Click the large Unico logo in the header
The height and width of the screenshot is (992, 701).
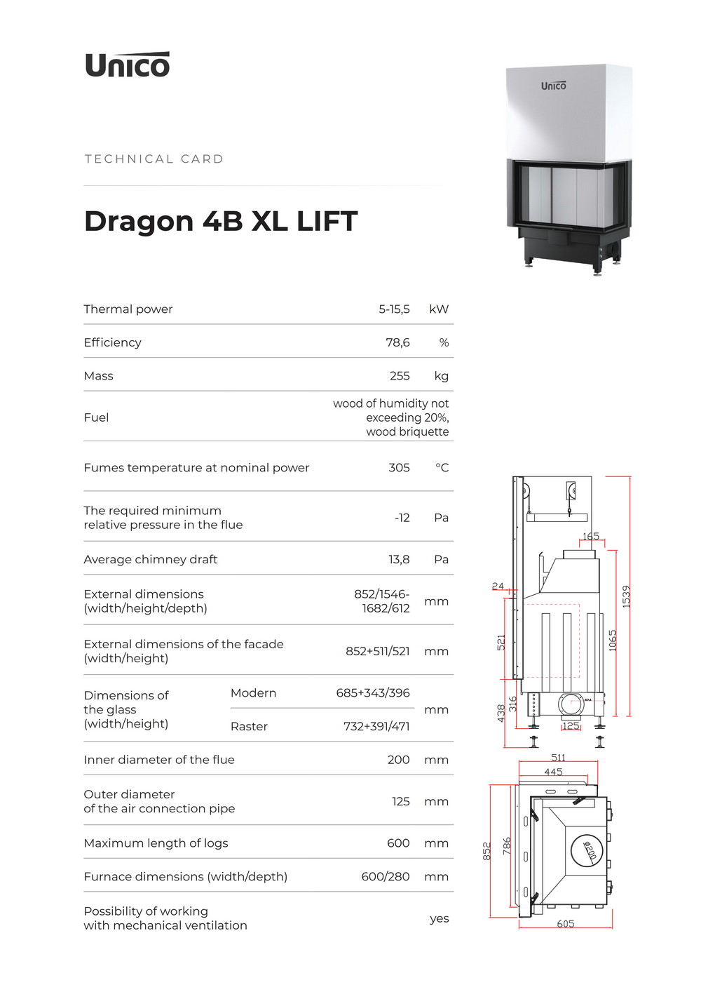tap(127, 65)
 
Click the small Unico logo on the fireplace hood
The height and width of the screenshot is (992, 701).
tap(553, 86)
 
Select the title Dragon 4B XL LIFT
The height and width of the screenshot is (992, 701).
tap(221, 221)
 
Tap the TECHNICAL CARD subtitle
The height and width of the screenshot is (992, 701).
tap(154, 159)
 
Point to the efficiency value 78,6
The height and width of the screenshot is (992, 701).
tap(397, 342)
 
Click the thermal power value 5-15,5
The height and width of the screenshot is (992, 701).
tap(394, 309)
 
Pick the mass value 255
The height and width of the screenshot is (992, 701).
tap(400, 376)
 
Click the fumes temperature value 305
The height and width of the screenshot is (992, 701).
tap(399, 468)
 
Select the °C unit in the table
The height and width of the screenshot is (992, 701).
tap(442, 468)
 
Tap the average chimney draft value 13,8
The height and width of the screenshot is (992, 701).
tap(399, 559)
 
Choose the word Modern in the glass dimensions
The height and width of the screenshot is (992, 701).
tap(253, 693)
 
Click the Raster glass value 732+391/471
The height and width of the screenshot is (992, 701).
tap(376, 727)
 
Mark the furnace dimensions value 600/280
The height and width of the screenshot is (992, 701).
tap(386, 877)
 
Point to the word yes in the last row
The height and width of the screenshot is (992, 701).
tap(439, 918)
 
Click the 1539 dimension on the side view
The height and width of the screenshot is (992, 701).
tap(626, 596)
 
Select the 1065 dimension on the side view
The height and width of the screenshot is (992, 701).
tap(613, 641)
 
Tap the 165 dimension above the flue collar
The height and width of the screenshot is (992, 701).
tap(591, 536)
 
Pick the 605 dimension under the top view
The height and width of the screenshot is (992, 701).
tap(566, 924)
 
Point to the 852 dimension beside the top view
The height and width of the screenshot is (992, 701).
tap(486, 851)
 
